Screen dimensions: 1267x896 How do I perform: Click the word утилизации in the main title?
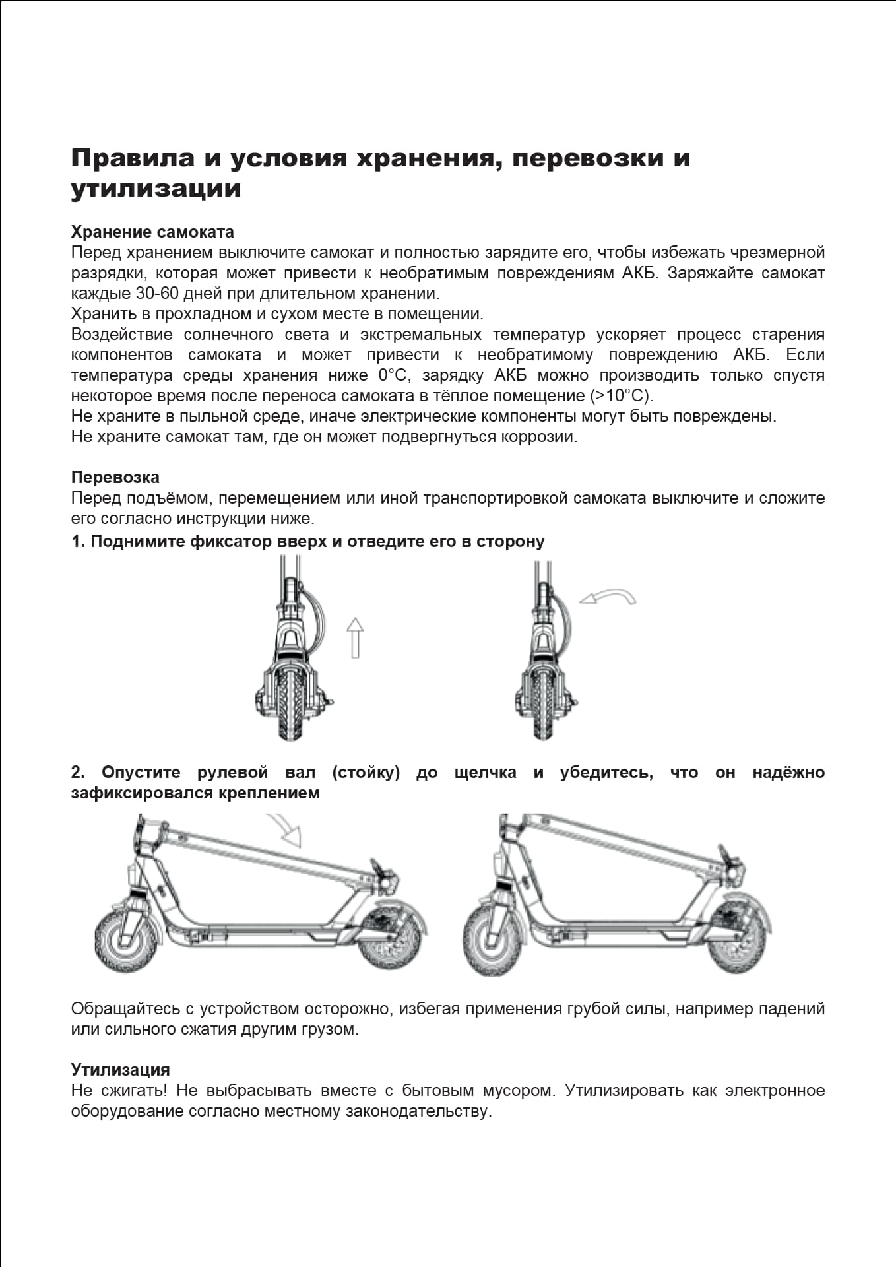(x=156, y=189)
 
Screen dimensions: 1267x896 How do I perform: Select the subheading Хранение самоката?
(x=152, y=232)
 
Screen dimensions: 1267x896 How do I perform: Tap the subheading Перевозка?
(x=115, y=477)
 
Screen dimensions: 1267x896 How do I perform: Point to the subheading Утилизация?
(x=120, y=1070)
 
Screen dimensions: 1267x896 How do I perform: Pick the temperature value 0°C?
(x=394, y=375)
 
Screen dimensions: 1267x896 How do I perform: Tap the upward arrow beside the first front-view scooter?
(x=355, y=637)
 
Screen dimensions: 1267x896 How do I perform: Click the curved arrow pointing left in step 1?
(x=608, y=597)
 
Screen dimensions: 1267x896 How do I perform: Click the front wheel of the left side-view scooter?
(x=127, y=941)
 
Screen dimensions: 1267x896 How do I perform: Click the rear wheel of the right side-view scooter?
(x=737, y=941)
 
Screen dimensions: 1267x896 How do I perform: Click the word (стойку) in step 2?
(x=366, y=773)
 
